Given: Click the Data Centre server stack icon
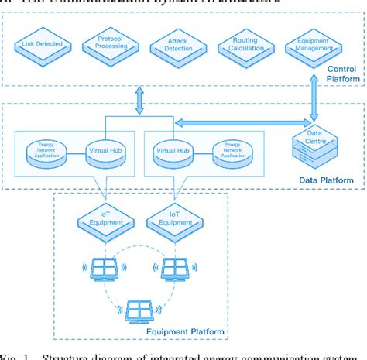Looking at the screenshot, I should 313,146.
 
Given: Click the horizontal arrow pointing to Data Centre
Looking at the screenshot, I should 232,122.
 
